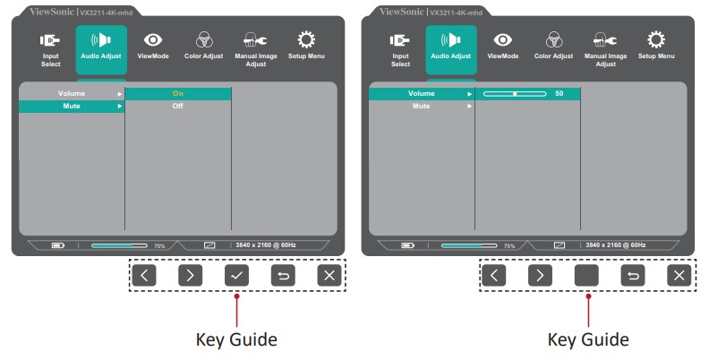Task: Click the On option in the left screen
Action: click(177, 93)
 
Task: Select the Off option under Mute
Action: click(177, 106)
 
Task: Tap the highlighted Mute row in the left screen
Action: click(72, 106)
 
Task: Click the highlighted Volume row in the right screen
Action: click(422, 93)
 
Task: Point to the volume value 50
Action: click(560, 93)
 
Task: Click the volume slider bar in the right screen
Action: click(514, 93)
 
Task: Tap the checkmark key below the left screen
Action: click(236, 276)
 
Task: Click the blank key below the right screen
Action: click(586, 276)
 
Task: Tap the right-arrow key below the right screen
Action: click(540, 276)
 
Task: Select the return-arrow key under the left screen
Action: click(283, 276)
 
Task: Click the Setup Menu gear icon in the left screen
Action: click(306, 39)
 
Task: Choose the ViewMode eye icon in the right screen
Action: click(503, 39)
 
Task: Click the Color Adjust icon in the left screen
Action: click(204, 39)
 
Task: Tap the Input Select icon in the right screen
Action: click(400, 39)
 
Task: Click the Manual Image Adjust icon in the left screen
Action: click(256, 39)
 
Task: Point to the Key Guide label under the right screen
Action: click(587, 339)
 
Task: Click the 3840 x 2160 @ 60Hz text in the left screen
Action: click(266, 244)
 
